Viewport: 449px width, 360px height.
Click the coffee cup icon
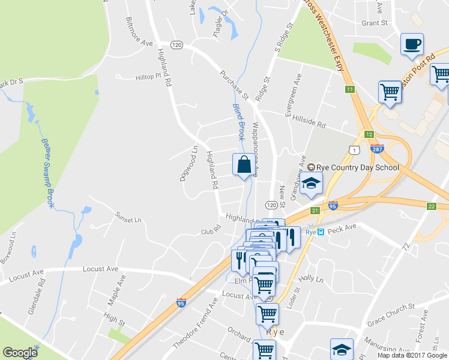tap(412, 44)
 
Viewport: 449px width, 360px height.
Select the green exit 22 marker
tap(431, 206)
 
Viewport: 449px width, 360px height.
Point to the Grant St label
tap(375, 23)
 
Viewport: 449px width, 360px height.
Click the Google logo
tap(20, 353)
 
